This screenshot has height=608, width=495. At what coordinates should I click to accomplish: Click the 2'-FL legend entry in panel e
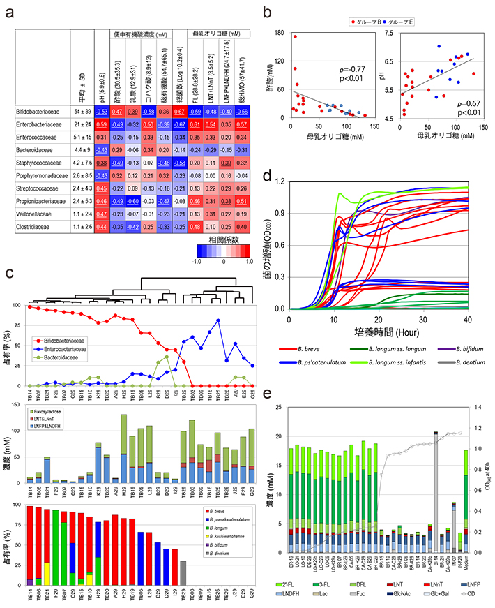301,579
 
